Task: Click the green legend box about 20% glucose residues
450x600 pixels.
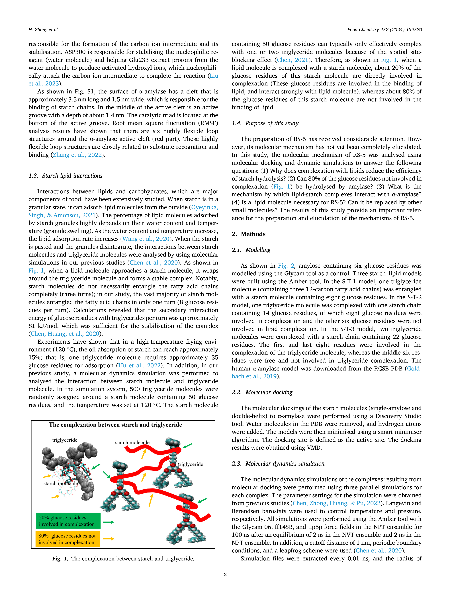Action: [x=68, y=521]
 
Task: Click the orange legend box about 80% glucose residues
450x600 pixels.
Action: [x=68, y=539]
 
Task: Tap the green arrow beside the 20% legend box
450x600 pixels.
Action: [x=109, y=522]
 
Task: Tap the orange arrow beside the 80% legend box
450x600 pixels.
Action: [x=109, y=539]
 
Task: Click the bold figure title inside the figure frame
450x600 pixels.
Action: [x=115, y=425]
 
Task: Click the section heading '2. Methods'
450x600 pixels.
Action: [x=248, y=234]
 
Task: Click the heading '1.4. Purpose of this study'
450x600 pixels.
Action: [x=265, y=123]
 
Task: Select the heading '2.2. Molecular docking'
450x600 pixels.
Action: [x=262, y=392]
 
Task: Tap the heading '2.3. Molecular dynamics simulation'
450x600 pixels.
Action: [x=278, y=463]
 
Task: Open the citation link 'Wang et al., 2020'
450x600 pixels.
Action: [x=146, y=239]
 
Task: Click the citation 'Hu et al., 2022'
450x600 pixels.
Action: [x=139, y=365]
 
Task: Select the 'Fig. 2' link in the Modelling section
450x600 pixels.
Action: [x=286, y=266]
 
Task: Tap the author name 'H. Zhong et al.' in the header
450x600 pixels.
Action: [x=44, y=30]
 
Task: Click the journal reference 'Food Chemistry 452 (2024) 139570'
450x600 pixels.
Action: [x=384, y=30]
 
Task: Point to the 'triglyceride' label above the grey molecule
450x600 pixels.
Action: [x=65, y=440]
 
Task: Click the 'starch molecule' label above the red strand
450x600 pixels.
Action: [x=132, y=442]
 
